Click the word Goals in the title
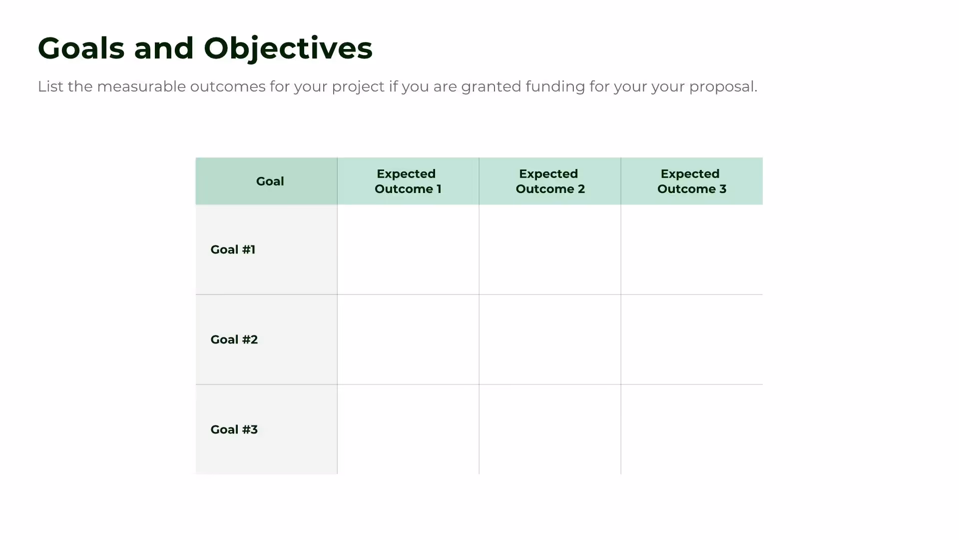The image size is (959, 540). tap(81, 48)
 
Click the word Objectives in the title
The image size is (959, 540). tap(288, 48)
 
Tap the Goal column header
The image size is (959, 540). tap(270, 181)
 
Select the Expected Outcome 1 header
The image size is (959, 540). tap(408, 181)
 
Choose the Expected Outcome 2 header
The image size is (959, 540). tap(550, 181)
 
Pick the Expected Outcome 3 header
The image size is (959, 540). tap(692, 181)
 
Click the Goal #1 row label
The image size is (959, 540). tap(233, 249)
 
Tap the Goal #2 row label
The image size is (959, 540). tap(234, 339)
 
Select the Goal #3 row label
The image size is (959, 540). tap(234, 429)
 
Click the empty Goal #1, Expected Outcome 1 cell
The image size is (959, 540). tap(408, 249)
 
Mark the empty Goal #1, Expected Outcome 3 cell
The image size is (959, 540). tap(692, 249)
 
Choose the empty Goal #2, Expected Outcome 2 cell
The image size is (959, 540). tap(550, 339)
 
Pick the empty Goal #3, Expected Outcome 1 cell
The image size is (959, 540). tap(408, 429)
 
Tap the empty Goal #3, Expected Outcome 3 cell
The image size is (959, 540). tap(692, 429)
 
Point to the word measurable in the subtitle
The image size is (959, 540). tap(141, 86)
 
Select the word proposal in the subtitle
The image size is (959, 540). tap(723, 87)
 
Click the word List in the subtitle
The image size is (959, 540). tap(50, 86)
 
